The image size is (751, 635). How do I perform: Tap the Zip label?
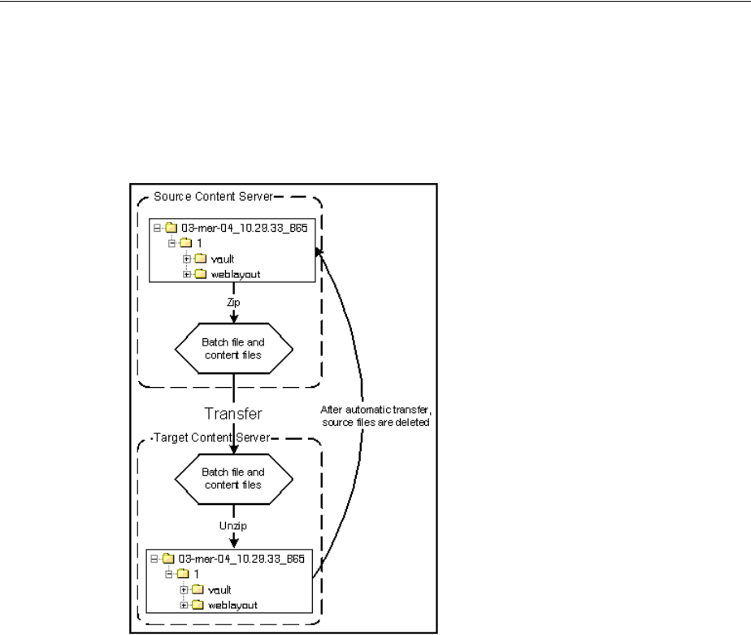click(x=233, y=300)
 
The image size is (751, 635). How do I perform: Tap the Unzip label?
click(x=233, y=527)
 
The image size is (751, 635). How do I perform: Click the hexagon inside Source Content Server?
click(x=232, y=347)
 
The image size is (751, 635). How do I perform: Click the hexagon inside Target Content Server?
click(x=232, y=481)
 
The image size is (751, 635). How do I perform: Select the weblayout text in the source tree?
click(x=233, y=274)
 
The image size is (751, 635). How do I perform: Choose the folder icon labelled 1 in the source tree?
click(x=186, y=243)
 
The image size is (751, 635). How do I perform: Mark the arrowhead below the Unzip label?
click(x=233, y=543)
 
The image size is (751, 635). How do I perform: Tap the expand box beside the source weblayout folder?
click(x=187, y=274)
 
